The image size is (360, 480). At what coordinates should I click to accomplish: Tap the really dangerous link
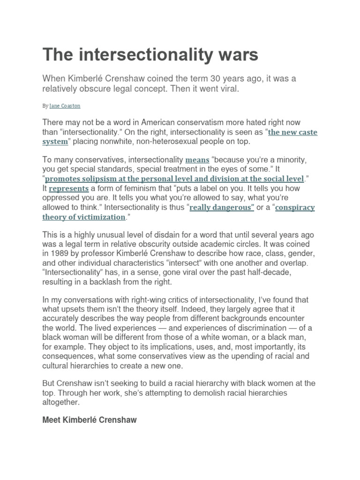point(222,208)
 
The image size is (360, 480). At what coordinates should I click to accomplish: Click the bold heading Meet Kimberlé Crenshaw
point(90,420)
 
